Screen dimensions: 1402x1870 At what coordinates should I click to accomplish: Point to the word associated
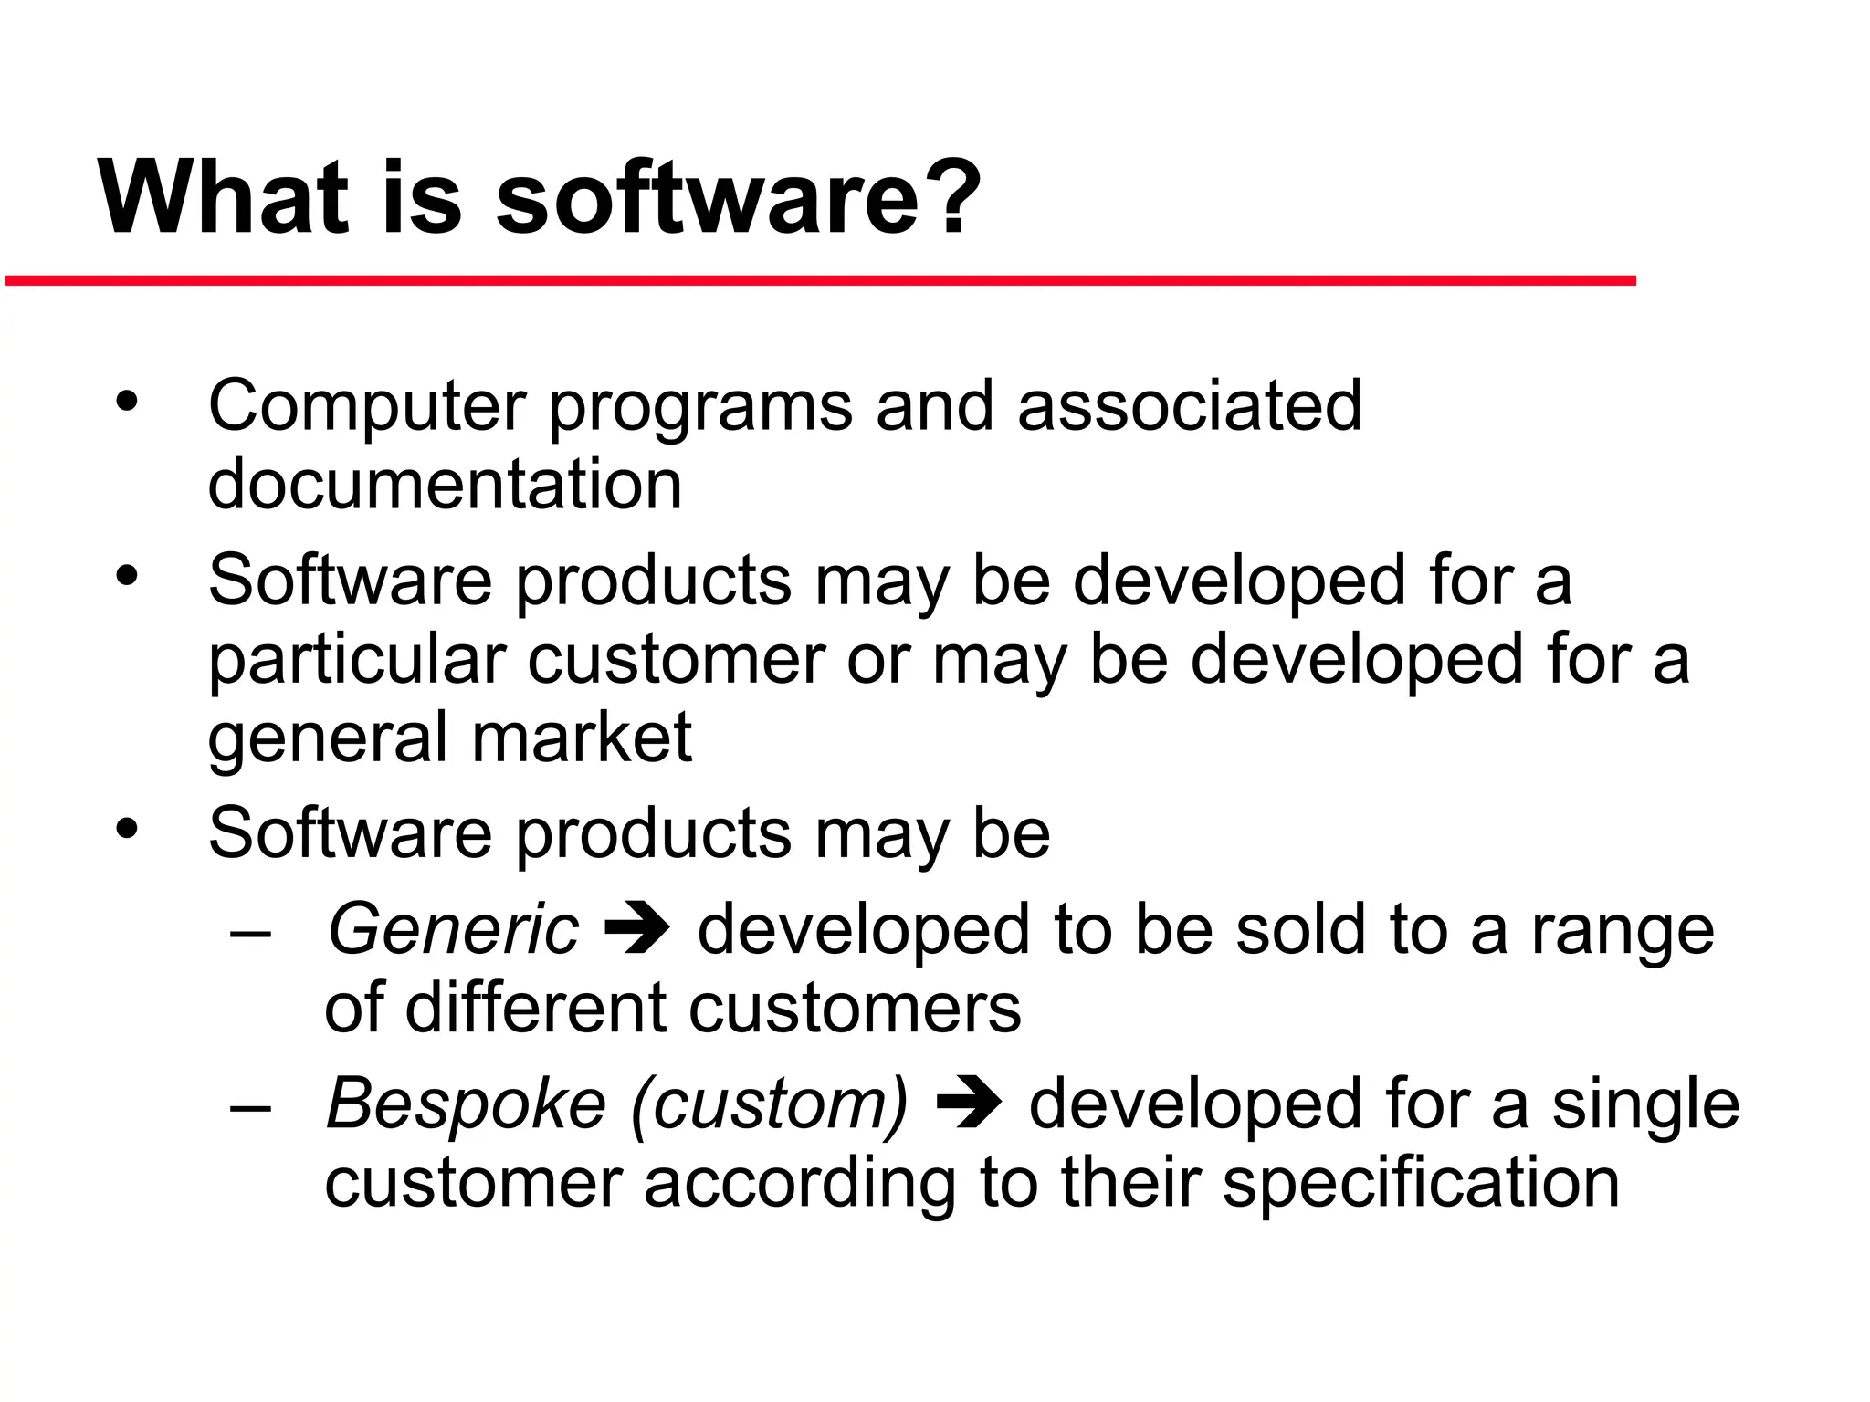pyautogui.click(x=1189, y=405)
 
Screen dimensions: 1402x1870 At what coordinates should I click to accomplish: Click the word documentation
pyautogui.click(x=445, y=484)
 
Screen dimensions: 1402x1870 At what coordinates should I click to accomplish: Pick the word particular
pyautogui.click(x=357, y=661)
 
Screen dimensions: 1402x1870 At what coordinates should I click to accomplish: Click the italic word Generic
pyautogui.click(x=453, y=929)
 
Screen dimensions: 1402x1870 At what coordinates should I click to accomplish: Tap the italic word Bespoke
pyautogui.click(x=466, y=1104)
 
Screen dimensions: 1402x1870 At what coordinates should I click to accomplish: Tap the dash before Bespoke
pyautogui.click(x=251, y=1107)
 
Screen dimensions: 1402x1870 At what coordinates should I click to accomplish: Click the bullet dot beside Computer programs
pyautogui.click(x=127, y=401)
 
